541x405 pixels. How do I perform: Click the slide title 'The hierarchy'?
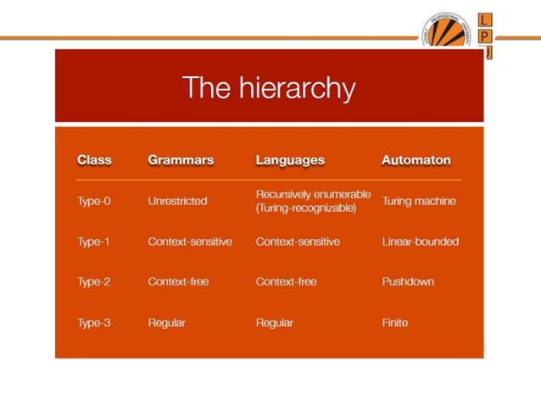point(269,87)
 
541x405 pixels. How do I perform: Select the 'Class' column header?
point(94,159)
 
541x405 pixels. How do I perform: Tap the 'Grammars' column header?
point(181,159)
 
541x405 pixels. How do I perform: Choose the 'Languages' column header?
point(290,159)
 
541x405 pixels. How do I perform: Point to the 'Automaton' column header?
point(416,159)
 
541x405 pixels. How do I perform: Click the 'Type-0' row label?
point(94,202)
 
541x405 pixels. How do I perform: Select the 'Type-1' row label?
point(94,241)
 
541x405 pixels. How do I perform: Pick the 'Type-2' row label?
point(94,282)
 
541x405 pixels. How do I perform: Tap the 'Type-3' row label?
point(94,323)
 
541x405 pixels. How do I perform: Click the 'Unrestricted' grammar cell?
point(177,202)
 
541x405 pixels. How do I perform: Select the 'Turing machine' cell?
point(419,202)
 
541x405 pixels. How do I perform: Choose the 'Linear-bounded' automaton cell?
point(421,241)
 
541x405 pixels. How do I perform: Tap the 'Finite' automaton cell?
point(395,323)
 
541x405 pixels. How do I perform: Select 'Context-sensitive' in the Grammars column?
point(190,241)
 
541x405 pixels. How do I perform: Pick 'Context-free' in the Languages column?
point(287,282)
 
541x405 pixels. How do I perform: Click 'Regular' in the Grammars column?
point(166,323)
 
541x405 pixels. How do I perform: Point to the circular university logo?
point(448,34)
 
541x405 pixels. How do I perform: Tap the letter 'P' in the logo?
point(485,36)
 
